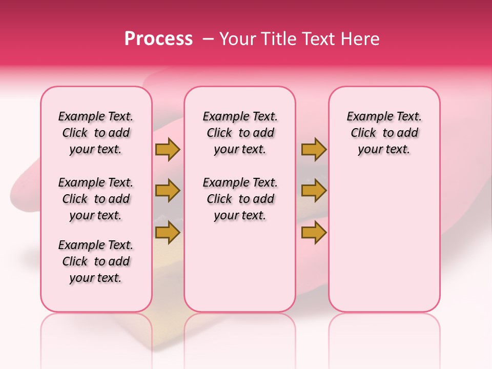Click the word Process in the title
[158, 39]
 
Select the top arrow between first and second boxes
[168, 150]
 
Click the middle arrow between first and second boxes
[168, 191]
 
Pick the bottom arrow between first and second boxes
[168, 232]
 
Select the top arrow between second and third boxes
[314, 150]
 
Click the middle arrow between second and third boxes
[314, 191]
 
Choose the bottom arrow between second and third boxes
[314, 232]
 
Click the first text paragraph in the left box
[96, 133]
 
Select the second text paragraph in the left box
[96, 199]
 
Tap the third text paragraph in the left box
[96, 261]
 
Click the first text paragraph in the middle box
[240, 133]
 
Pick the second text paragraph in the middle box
[240, 199]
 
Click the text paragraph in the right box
[384, 133]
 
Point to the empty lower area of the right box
[384, 241]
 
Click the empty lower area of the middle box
[240, 266]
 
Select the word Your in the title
[238, 39]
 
